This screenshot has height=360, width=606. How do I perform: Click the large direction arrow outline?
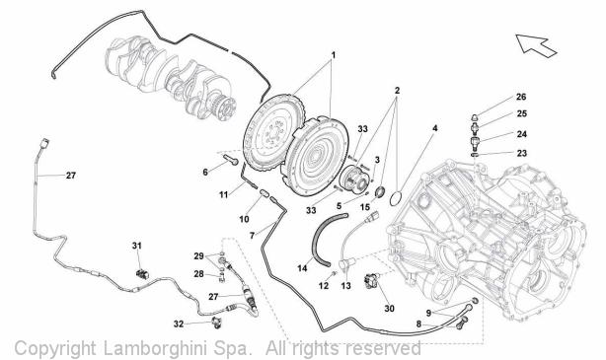536,45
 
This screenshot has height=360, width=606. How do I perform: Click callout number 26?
521,97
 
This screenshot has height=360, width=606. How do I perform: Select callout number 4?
435,128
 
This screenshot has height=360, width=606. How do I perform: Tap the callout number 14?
302,267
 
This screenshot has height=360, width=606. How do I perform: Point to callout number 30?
389,309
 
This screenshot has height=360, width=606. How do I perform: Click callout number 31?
137,246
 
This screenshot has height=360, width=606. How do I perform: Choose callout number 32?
179,324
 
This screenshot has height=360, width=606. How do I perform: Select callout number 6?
205,172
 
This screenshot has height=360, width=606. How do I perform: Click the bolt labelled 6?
230,159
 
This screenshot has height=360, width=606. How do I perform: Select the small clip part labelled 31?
142,274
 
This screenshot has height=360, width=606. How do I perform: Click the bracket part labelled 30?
372,280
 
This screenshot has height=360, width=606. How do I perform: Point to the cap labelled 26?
475,117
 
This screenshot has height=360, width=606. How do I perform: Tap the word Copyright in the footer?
55,349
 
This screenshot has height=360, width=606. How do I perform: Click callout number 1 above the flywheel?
333,55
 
